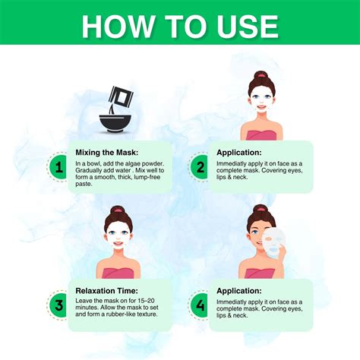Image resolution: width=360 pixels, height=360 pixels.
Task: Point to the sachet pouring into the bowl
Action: click(118, 96)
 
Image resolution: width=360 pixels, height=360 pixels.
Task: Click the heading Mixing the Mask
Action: click(107, 152)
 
